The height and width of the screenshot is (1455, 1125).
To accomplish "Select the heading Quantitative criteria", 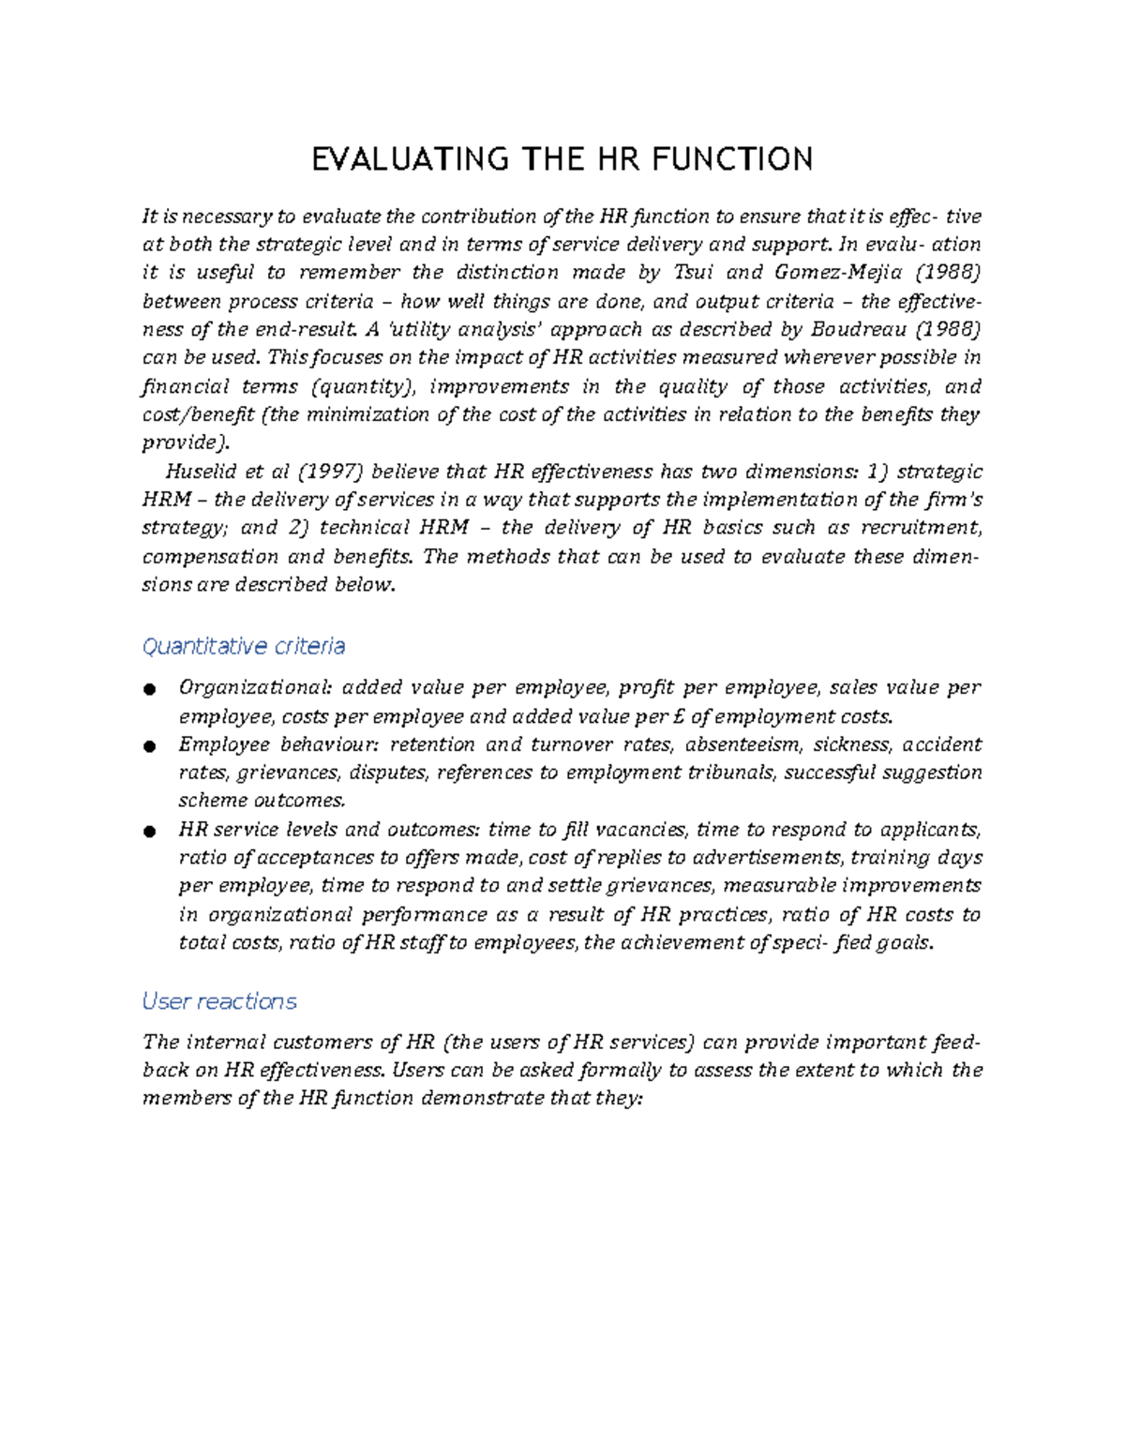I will [243, 646].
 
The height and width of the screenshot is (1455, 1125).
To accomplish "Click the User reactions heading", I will [218, 1001].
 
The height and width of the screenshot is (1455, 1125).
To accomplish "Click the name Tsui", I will [695, 273].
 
